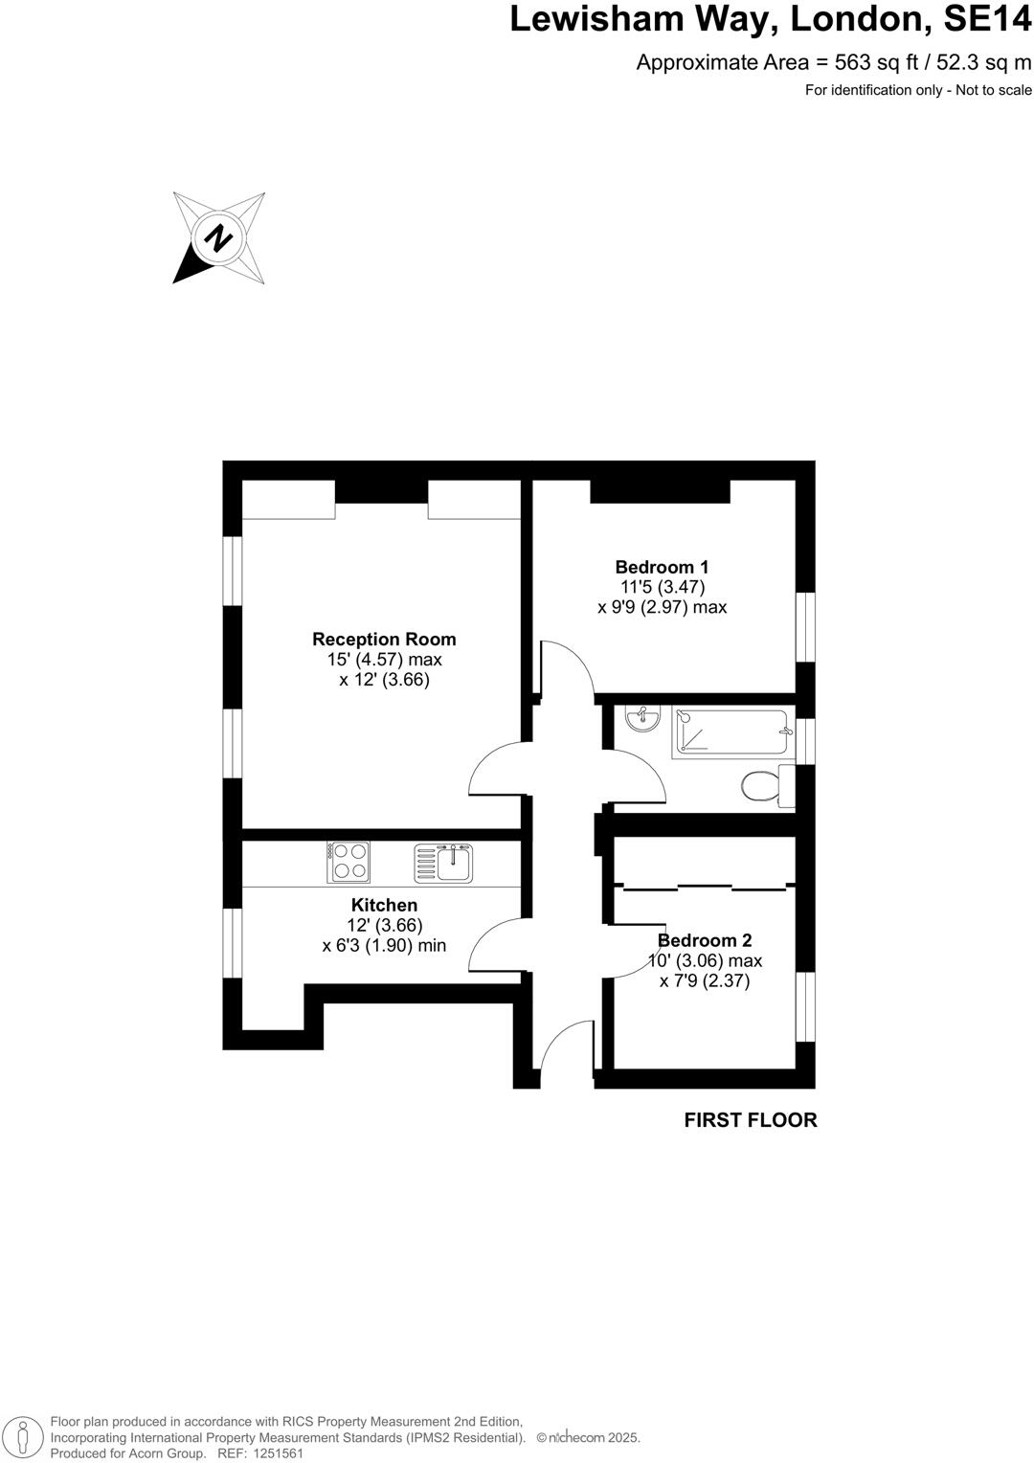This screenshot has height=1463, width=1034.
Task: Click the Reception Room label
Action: point(384,640)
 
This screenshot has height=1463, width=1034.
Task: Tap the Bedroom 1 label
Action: point(662,567)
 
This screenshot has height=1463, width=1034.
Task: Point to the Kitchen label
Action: point(384,905)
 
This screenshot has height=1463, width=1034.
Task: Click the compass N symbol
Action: point(219,236)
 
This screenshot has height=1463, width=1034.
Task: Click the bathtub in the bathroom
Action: point(732,732)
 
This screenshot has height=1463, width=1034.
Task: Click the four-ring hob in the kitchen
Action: point(348,861)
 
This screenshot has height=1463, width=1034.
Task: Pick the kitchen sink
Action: point(443,862)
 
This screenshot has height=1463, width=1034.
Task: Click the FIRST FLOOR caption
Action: point(751,1120)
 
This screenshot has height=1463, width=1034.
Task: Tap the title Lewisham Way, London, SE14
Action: point(771,19)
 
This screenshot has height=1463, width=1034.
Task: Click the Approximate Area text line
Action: point(834,63)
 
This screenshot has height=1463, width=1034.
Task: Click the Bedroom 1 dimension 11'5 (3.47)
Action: point(662,587)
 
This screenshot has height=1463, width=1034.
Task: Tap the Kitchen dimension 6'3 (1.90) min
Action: point(384,946)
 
